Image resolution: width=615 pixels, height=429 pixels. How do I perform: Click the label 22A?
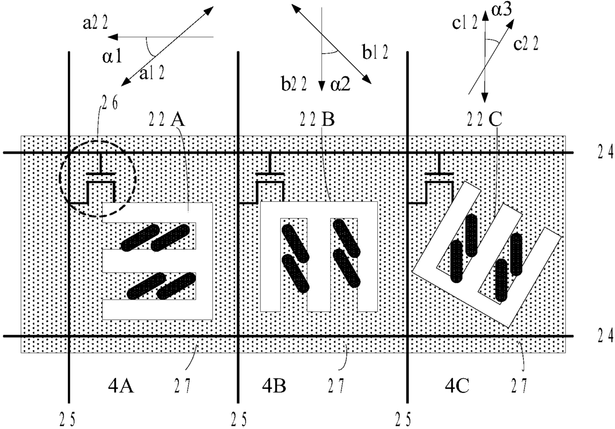(167, 120)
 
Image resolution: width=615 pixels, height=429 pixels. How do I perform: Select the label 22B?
(317, 120)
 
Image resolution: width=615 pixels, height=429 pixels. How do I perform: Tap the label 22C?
(485, 120)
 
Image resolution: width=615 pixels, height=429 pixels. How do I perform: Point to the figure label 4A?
(121, 386)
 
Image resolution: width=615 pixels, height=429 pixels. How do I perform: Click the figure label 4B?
(274, 386)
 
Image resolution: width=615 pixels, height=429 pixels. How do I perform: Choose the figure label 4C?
(457, 386)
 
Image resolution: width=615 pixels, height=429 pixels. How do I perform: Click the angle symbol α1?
(112, 58)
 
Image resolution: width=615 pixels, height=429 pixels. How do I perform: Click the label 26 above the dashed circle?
(110, 103)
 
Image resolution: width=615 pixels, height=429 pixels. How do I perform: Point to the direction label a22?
(95, 22)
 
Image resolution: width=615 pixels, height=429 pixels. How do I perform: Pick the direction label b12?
(375, 52)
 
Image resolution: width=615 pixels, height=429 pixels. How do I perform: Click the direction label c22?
(526, 43)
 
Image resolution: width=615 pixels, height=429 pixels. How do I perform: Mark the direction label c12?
(465, 22)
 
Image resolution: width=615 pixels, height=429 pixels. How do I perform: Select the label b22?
(294, 84)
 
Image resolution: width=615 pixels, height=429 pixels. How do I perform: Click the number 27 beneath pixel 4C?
(519, 386)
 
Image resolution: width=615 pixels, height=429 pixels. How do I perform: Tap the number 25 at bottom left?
(67, 420)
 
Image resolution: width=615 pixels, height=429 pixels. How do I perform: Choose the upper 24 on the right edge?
(606, 152)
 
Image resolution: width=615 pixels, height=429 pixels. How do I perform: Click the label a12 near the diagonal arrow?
(152, 73)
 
